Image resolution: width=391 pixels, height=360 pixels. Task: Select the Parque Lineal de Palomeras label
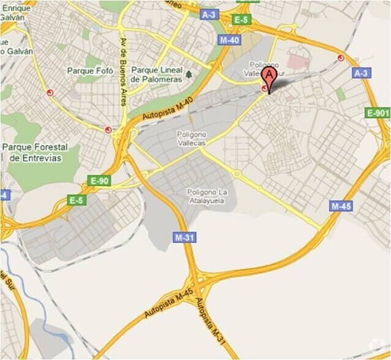tap(162, 75)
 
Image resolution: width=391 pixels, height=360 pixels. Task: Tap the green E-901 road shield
tap(378, 113)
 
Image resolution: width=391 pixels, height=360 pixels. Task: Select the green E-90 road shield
tap(99, 181)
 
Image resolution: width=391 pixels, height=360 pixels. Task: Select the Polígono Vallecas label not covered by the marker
tap(191, 138)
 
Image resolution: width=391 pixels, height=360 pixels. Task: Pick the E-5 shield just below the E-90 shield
tap(76, 200)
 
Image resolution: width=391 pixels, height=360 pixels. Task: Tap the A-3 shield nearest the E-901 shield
tap(361, 73)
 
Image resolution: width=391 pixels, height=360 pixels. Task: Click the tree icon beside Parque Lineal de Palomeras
tap(189, 74)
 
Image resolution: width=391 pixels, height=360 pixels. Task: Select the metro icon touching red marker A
tap(264, 89)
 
